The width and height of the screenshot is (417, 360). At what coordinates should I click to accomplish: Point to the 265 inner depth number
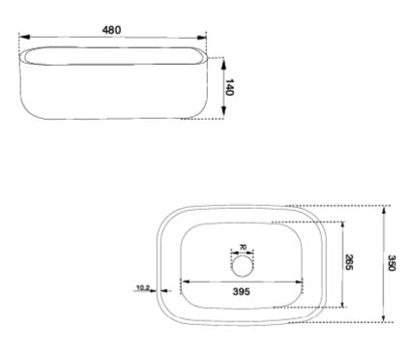click(349, 262)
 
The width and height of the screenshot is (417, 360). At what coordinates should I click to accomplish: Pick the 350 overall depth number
click(392, 262)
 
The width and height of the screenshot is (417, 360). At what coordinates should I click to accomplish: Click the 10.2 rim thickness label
click(142, 287)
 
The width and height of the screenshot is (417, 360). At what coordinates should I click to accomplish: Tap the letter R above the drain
click(243, 248)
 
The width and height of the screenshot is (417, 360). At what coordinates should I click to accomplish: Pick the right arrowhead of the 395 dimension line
click(305, 282)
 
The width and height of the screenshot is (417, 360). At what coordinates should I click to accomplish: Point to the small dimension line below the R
click(243, 255)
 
